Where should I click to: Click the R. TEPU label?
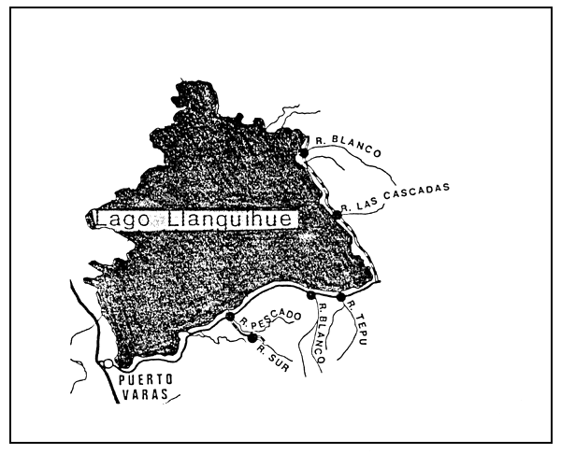click(x=355, y=322)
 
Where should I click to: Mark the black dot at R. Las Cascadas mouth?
click(x=337, y=215)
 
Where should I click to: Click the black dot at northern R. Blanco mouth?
click(x=304, y=152)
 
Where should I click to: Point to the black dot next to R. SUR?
click(x=252, y=337)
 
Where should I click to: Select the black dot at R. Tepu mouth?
click(x=341, y=297)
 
